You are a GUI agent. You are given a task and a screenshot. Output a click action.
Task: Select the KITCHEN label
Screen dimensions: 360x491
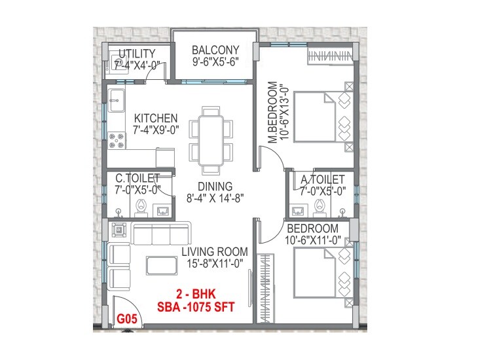click(156, 118)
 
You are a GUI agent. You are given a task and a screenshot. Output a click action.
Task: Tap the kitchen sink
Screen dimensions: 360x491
click(118, 100)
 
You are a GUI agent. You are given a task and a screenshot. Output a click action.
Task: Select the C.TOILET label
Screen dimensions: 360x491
click(137, 177)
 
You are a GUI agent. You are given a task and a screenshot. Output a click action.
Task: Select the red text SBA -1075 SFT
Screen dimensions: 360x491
click(195, 305)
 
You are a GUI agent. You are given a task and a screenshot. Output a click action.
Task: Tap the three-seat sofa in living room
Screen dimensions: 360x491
click(160, 233)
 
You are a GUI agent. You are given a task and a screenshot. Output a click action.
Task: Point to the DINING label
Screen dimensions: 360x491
click(211, 187)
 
